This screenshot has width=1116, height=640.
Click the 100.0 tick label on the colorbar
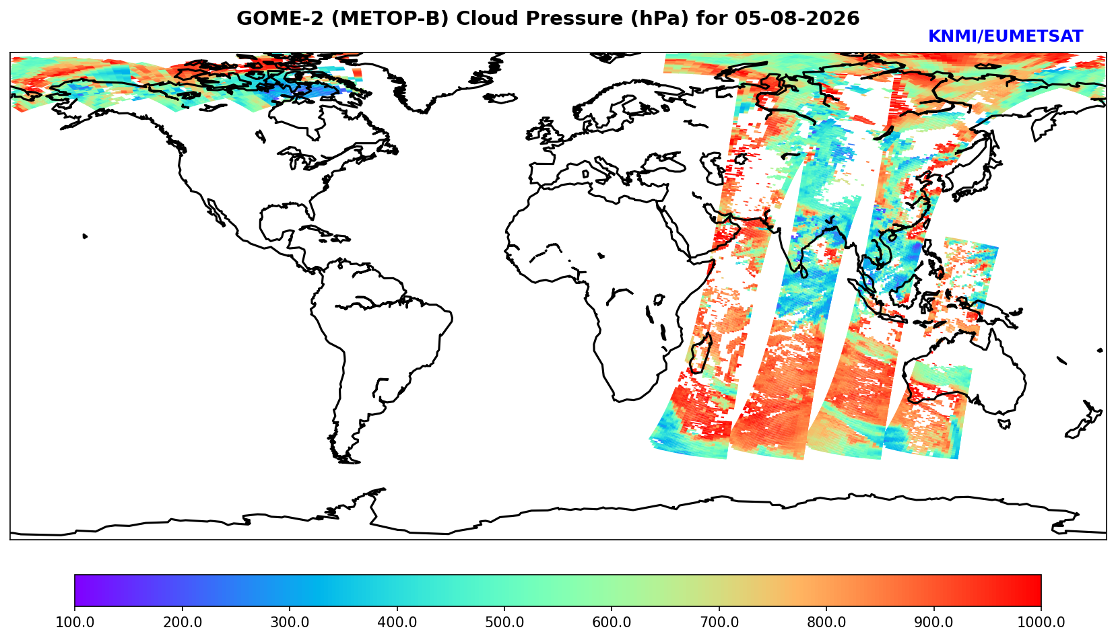pyautogui.click(x=74, y=623)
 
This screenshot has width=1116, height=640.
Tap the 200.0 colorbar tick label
pyautogui.click(x=182, y=623)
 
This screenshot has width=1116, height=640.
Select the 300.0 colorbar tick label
pyautogui.click(x=290, y=623)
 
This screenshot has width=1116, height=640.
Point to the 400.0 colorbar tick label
pyautogui.click(x=397, y=623)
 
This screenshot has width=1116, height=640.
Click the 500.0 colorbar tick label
pyautogui.click(x=504, y=623)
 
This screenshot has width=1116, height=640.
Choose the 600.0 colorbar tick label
pyautogui.click(x=612, y=623)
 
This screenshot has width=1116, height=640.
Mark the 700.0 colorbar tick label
pyautogui.click(x=719, y=623)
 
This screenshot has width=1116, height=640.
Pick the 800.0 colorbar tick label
pyautogui.click(x=826, y=623)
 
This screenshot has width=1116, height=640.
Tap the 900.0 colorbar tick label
pyautogui.click(x=933, y=623)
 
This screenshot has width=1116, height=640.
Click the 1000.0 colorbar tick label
pyautogui.click(x=1041, y=623)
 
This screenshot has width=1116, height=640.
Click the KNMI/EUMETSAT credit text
pyautogui.click(x=1006, y=36)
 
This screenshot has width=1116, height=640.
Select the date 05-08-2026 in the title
pyautogui.click(x=797, y=19)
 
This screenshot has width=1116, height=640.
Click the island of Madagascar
pyautogui.click(x=700, y=355)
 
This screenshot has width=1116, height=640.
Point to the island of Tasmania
pyautogui.click(x=1004, y=424)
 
